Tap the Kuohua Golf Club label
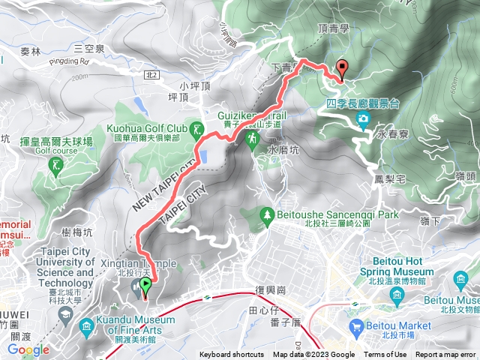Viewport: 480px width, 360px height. [147, 128]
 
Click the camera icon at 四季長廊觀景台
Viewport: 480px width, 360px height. [364, 118]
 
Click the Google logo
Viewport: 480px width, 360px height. [28, 349]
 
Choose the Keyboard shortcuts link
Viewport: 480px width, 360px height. [231, 355]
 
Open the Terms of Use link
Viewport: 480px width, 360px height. [385, 355]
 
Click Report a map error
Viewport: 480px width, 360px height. [445, 355]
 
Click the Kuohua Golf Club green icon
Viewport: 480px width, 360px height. [198, 130]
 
